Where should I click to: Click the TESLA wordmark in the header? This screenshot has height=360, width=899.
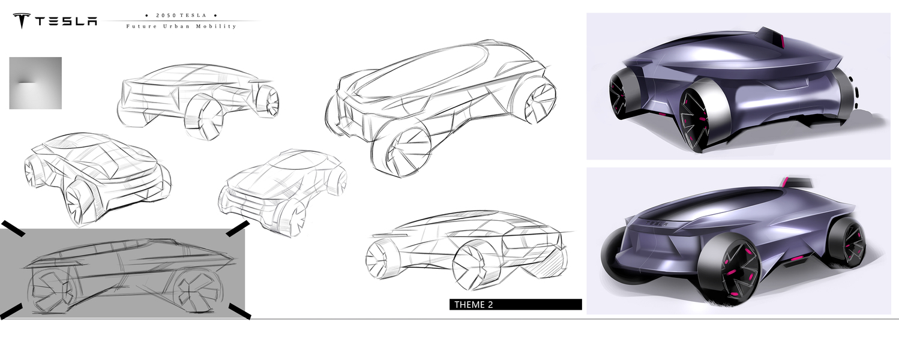pos(66,21)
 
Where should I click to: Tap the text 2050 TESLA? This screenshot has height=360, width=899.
pos(181,15)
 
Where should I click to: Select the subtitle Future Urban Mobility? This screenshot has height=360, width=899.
pos(181,26)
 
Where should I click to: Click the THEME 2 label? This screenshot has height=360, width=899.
pos(474,305)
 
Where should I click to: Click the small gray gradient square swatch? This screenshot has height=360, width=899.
pos(35,83)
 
